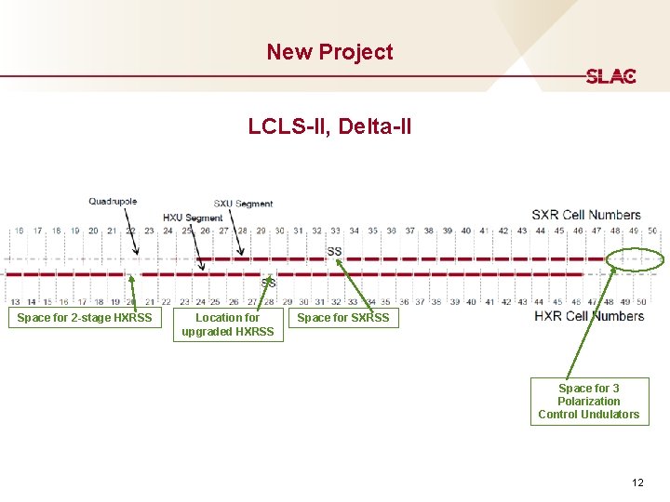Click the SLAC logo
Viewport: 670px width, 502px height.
[x=610, y=76]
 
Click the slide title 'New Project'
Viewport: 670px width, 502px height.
[x=329, y=52]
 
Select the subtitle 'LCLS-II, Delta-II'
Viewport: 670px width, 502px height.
[x=329, y=125]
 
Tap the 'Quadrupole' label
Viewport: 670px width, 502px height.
[x=113, y=202]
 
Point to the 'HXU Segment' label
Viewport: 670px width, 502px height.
[x=193, y=218]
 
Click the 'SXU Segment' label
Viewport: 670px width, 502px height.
[x=243, y=204]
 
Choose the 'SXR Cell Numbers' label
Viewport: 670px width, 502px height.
[x=586, y=215]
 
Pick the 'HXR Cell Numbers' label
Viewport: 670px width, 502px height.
[x=589, y=316]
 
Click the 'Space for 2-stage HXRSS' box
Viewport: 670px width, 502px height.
[x=85, y=318]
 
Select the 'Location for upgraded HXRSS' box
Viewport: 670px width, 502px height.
[x=228, y=324]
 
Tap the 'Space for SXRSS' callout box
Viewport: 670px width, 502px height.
[x=343, y=318]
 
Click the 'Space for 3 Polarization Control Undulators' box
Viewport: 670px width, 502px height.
[x=589, y=401]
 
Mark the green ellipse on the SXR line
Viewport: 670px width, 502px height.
[x=636, y=258]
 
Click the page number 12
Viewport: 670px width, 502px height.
[x=637, y=482]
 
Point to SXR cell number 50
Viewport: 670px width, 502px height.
[x=651, y=231]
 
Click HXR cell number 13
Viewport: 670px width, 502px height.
[x=15, y=301]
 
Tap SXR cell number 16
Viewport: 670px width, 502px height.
[x=20, y=231]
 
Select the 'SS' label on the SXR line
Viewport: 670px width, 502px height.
[x=334, y=251]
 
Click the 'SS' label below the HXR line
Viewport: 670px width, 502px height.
[x=268, y=283]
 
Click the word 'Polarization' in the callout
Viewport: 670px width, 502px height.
[x=589, y=401]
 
